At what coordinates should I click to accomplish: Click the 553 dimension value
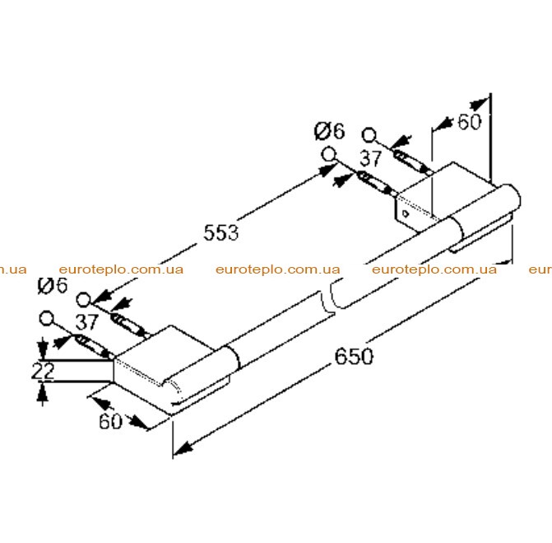(221, 232)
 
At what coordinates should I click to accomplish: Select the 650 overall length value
(354, 356)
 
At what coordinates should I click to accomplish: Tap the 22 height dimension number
(43, 371)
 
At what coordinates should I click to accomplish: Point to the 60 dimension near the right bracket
(469, 122)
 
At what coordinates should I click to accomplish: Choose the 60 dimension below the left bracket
(110, 421)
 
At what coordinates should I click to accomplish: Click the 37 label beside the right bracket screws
(371, 158)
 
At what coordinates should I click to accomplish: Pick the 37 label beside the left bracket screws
(87, 322)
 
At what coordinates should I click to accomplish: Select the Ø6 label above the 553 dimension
(330, 131)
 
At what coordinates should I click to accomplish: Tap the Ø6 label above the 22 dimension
(53, 286)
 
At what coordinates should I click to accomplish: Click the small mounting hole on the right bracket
(406, 213)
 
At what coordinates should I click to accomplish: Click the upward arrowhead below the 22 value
(43, 392)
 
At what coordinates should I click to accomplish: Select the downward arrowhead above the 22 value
(43, 349)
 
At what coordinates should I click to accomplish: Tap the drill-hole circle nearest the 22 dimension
(46, 318)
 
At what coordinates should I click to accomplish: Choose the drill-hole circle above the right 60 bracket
(369, 135)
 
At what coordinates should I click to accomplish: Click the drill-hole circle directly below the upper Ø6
(329, 154)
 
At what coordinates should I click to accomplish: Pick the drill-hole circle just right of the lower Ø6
(84, 300)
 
